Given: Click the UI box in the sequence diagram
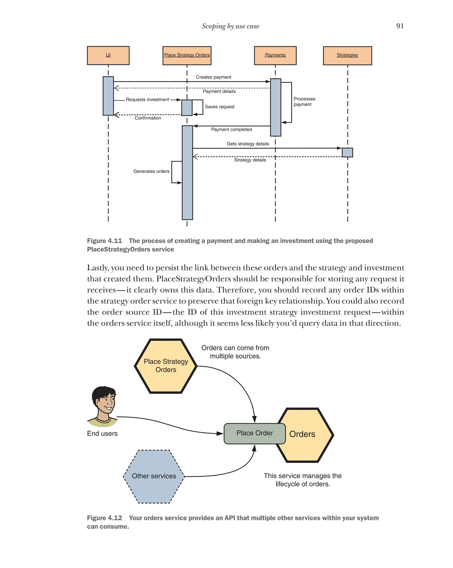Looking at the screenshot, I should pos(108,55).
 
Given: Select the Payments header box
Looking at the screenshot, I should pos(275,55).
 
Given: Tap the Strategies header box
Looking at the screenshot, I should pos(347,55).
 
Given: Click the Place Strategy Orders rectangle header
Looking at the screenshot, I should pos(187,55).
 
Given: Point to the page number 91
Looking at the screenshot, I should pos(399,26).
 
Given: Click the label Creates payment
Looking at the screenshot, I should pos(213,77).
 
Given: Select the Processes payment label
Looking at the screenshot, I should pos(304,101).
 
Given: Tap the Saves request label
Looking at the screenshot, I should pos(219,107).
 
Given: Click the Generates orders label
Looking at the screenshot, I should pos(151,171).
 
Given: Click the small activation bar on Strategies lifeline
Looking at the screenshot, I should pos(347,152).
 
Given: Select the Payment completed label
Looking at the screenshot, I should pos(231,129).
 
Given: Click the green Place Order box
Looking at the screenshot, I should pos(254,433).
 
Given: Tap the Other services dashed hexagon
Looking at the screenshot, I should pos(154,476).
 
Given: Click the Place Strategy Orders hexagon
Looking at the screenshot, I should pos(165,365).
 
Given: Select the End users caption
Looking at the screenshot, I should pos(102,434).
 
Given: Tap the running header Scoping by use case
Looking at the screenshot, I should pos(230,26).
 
